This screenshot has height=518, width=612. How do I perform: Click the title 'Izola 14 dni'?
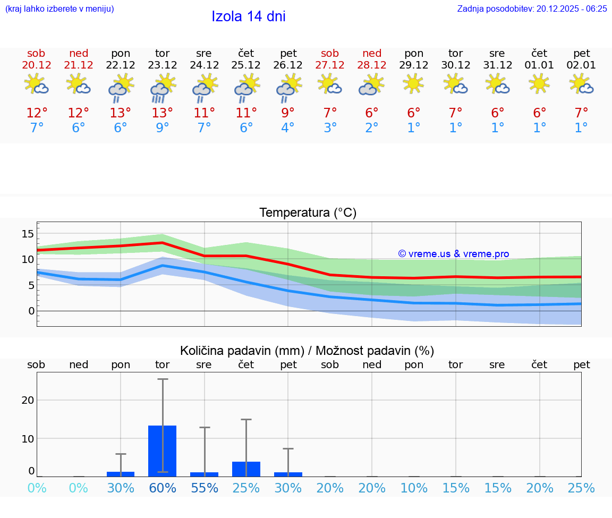(249, 16)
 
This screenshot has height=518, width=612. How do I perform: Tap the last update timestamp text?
(532, 9)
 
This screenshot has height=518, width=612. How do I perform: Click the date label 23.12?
(163, 65)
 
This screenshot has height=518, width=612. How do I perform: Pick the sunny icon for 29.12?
(413, 84)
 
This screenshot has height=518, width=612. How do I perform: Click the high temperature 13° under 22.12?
(121, 113)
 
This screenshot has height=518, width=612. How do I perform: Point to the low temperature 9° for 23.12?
(163, 128)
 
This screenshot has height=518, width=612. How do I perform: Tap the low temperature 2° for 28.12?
(372, 128)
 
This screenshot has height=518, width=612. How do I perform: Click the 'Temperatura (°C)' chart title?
(308, 213)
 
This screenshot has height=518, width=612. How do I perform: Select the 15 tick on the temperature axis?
(28, 234)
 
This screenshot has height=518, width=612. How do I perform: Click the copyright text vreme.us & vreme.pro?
(454, 254)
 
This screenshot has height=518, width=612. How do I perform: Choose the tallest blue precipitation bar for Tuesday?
(163, 451)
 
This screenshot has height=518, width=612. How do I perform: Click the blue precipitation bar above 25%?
(246, 469)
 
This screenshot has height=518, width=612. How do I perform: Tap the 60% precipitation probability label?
(163, 488)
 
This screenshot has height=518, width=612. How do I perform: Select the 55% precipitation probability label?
(205, 488)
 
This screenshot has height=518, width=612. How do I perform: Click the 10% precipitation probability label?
(414, 488)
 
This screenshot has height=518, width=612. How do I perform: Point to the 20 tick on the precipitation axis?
(28, 400)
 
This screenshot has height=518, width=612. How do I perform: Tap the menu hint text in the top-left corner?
(59, 9)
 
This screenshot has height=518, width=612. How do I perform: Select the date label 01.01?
(539, 65)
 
